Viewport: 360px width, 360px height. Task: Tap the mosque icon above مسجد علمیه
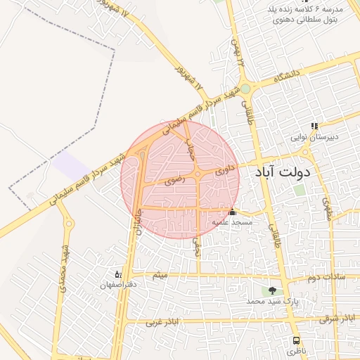[232, 212]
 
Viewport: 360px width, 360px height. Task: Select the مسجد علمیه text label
[232, 222]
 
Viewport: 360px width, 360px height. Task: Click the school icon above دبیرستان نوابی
[314, 127]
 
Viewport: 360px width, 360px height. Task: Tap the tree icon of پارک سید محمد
[272, 290]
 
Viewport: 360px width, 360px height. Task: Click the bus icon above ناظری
[296, 340]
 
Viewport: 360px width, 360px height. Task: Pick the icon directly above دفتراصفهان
[118, 274]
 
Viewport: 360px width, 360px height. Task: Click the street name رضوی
[173, 181]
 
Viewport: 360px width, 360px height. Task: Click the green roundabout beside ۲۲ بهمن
[245, 89]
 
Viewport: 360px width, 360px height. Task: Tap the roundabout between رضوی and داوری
[200, 174]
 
